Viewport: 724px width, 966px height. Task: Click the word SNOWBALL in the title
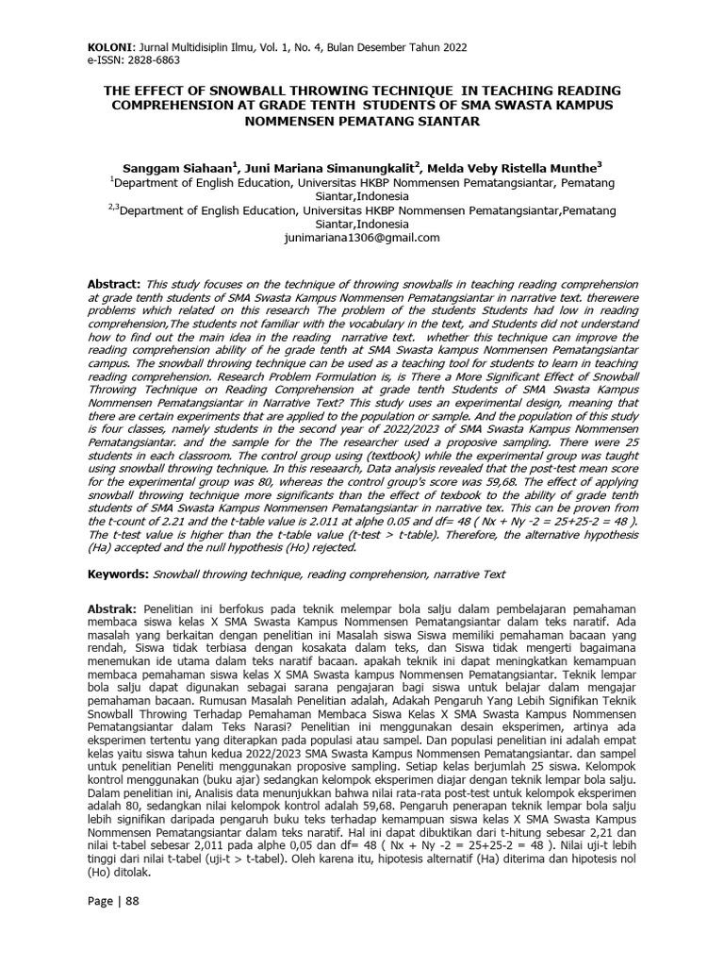click(261, 90)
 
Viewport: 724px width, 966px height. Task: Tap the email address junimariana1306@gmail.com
click(362, 238)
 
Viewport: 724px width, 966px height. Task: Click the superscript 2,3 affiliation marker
click(113, 208)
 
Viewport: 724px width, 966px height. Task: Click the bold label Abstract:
click(114, 284)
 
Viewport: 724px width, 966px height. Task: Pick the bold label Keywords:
click(117, 574)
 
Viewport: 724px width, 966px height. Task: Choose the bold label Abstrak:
click(113, 609)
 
